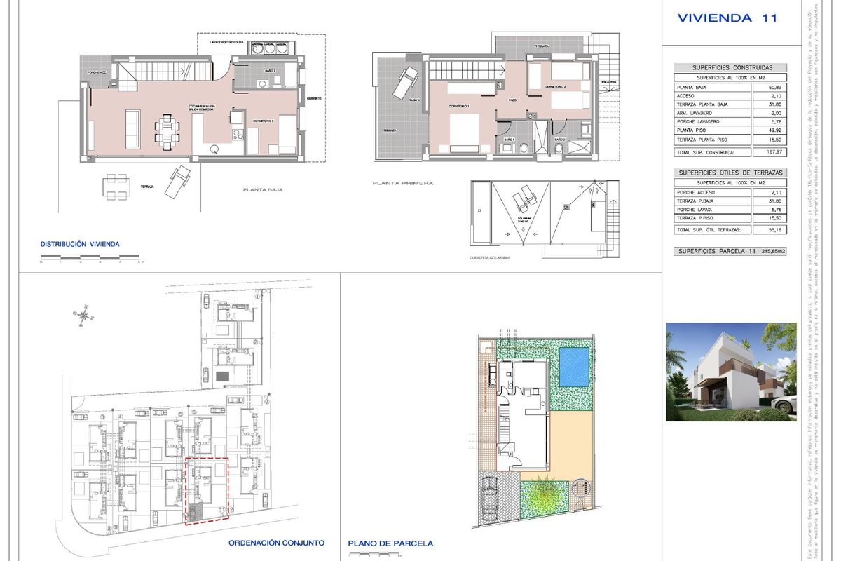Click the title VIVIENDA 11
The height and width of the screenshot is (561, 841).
coord(727,19)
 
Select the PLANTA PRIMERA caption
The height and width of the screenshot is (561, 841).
coord(403,184)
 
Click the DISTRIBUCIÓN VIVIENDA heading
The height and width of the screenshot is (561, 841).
coord(80,244)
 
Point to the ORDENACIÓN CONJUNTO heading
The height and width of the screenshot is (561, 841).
coord(277,543)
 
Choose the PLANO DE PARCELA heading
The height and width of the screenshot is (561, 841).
coord(390,543)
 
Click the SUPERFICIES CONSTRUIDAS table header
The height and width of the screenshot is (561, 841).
coord(730,68)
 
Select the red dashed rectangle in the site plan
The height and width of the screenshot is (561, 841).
coord(206,491)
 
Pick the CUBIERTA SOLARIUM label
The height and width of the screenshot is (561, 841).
coord(488,258)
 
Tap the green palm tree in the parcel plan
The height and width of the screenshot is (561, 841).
coord(544,499)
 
